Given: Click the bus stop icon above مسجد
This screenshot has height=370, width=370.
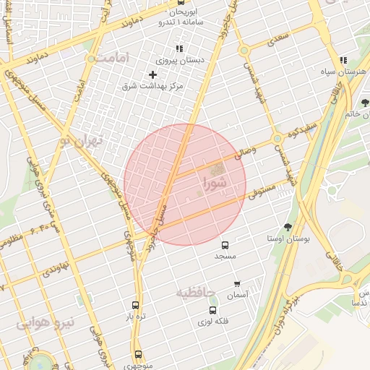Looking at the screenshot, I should pyautogui.click(x=225, y=245).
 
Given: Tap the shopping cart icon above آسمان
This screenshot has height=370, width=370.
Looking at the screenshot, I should pyautogui.click(x=237, y=284).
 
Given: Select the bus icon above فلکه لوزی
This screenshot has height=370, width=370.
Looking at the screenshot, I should pyautogui.click(x=212, y=309).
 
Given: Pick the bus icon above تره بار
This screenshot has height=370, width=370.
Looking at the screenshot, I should pyautogui.click(x=135, y=305).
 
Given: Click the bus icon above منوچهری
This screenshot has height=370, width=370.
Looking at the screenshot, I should pyautogui.click(x=138, y=354).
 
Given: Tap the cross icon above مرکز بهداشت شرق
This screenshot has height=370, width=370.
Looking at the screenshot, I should pyautogui.click(x=152, y=74).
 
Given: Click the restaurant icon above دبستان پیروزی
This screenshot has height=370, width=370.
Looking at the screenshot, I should pyautogui.click(x=178, y=49).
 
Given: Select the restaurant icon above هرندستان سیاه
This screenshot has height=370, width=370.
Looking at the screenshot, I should pyautogui.click(x=343, y=61).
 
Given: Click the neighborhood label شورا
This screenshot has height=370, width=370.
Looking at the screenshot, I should pyautogui.click(x=215, y=182).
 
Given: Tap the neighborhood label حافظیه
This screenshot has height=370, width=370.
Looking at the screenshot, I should pyautogui.click(x=197, y=292).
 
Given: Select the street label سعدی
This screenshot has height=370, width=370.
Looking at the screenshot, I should pyautogui.click(x=279, y=35).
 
